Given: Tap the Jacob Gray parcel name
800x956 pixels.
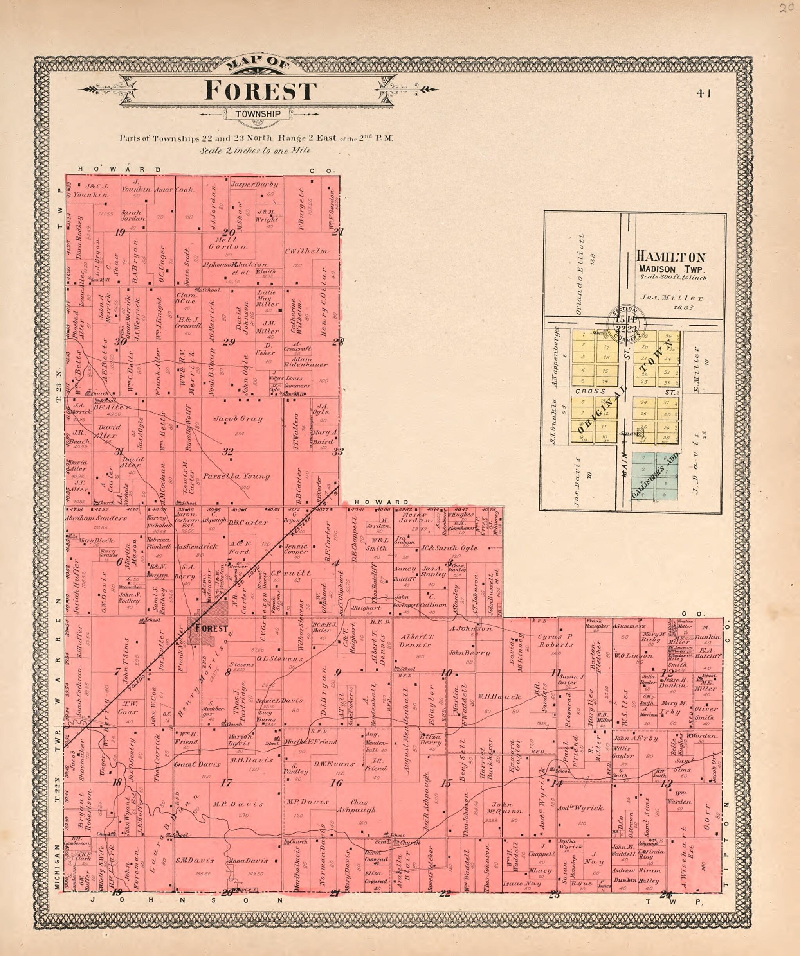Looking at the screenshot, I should click(238, 419).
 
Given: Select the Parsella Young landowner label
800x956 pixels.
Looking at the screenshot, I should click(236, 477).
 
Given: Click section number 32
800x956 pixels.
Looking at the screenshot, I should click(228, 452).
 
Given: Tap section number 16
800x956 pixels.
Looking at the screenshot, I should click(336, 783).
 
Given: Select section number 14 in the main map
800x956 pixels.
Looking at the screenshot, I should click(556, 784).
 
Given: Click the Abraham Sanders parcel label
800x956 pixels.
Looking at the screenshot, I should click(96, 518).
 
